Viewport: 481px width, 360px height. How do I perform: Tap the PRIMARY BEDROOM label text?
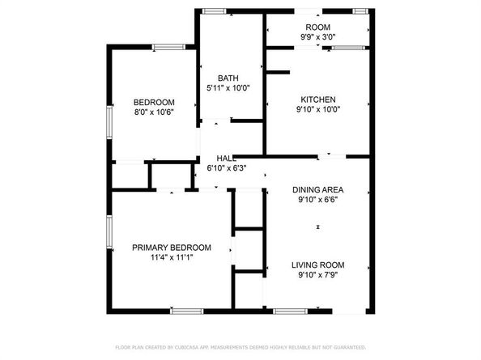click(172, 248)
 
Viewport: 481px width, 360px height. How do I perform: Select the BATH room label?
click(228, 78)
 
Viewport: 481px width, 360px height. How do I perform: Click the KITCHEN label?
click(317, 100)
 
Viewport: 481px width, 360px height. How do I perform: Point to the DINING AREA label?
click(317, 190)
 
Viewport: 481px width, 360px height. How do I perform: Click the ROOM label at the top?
click(317, 27)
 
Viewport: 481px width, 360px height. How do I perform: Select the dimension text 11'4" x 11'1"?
click(172, 258)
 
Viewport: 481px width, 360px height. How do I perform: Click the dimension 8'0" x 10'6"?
click(154, 112)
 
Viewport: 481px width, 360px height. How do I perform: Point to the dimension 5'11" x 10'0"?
click(228, 88)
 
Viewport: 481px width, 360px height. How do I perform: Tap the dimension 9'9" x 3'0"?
click(317, 37)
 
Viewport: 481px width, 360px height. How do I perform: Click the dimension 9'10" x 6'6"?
click(317, 201)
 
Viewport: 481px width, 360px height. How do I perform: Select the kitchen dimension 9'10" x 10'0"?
click(317, 110)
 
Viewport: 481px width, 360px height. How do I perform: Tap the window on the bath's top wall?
click(215, 11)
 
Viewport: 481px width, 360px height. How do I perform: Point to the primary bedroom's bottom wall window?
click(187, 311)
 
